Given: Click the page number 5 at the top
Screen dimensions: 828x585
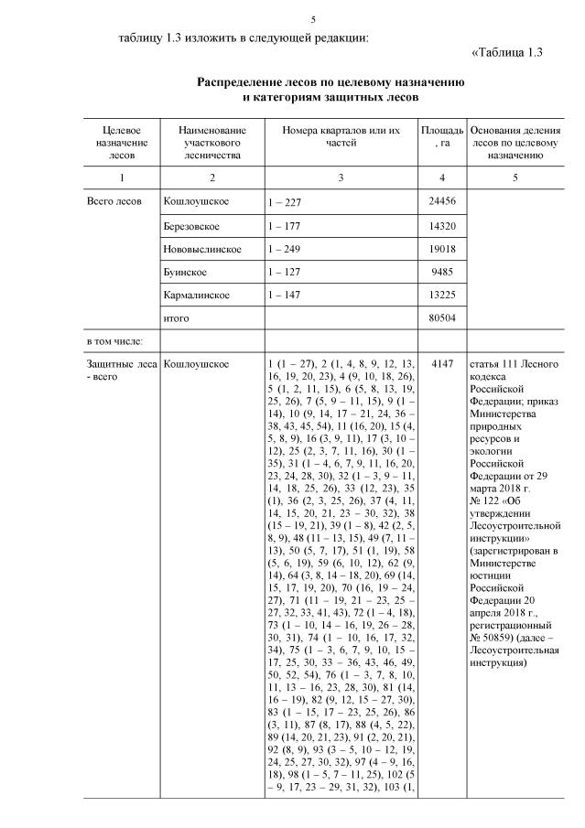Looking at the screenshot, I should point(313,19).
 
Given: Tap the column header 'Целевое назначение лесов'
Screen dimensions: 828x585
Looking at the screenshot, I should point(121,143).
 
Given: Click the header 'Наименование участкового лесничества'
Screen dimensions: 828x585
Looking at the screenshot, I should point(211,143).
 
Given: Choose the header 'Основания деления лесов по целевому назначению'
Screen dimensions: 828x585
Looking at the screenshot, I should point(515,143).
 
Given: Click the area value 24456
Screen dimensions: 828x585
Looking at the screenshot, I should point(442,201).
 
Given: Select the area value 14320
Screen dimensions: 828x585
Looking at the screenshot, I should point(442,225).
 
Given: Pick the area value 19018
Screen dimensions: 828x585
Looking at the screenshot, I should point(442,249).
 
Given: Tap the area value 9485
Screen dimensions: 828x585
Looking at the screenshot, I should point(442,273).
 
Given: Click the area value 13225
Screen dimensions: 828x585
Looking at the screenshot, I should point(442,296).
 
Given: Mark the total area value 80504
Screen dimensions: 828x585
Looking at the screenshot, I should point(442,318).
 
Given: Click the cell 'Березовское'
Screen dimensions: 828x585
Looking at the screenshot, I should point(190,225).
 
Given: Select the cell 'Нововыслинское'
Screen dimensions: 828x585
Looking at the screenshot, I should point(201,249).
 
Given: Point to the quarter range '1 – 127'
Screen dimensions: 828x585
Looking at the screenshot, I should point(285,273).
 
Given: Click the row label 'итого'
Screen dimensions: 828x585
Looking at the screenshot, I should point(176,318).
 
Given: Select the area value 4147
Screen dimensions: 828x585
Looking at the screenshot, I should point(442,365).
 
